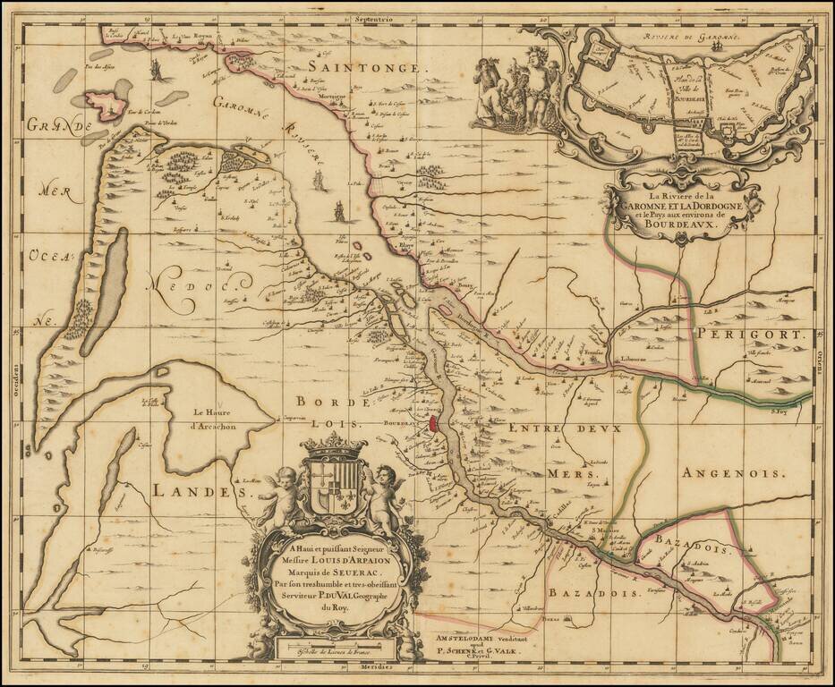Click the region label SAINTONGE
click(367, 66)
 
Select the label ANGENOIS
click(732, 472)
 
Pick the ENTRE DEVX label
click(564, 430)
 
